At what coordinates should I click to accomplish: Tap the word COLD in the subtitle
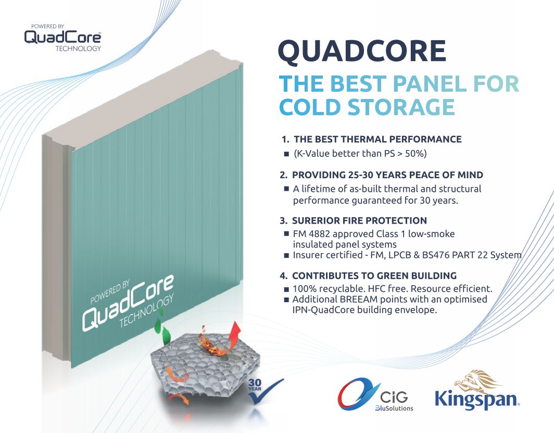coord(310,107)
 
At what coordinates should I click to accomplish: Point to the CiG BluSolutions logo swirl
coord(357,394)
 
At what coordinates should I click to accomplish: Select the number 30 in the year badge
coord(255,383)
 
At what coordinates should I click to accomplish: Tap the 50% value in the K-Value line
coord(415,153)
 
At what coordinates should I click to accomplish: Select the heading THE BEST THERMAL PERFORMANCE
coord(377,139)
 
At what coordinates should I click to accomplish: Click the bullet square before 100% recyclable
coord(286,290)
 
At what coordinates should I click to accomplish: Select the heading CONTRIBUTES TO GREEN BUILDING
coord(374,276)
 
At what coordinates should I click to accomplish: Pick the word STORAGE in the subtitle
coord(401,107)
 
